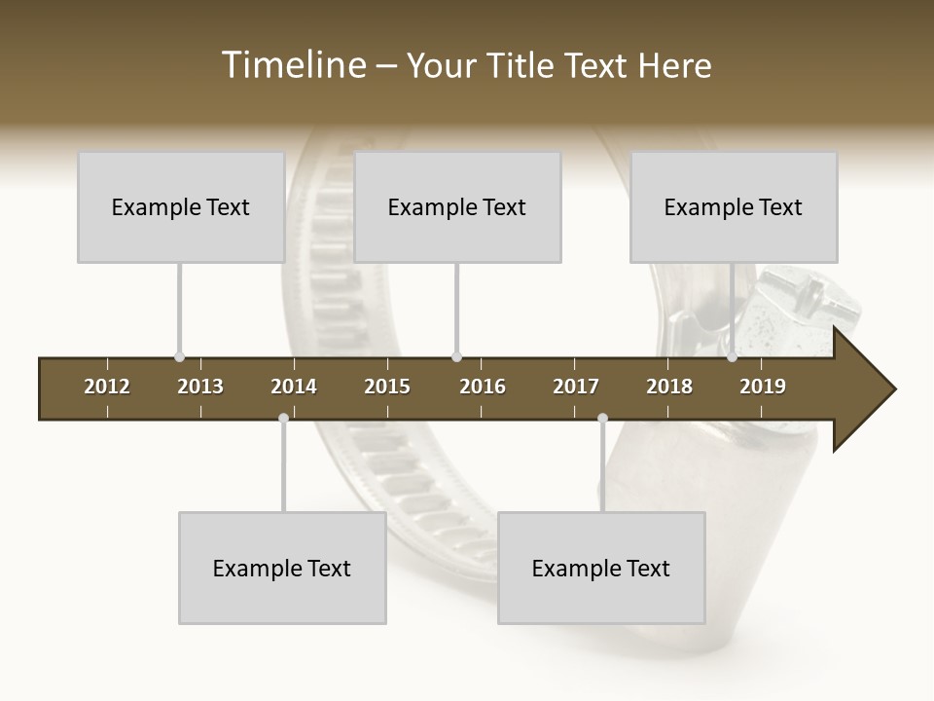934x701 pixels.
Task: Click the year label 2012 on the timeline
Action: click(x=107, y=387)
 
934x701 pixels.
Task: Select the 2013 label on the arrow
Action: click(x=200, y=387)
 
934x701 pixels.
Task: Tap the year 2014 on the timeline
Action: click(x=294, y=387)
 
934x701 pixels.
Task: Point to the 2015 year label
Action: click(x=387, y=387)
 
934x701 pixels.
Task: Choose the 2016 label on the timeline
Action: click(x=483, y=387)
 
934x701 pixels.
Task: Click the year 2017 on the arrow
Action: click(x=576, y=387)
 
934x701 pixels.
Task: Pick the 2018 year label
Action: click(x=669, y=387)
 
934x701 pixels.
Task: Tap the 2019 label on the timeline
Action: click(x=763, y=387)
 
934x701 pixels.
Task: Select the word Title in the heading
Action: click(x=521, y=65)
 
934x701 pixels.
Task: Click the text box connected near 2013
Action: click(x=181, y=206)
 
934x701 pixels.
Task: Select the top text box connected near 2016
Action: click(x=457, y=206)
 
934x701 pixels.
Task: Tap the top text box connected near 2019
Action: click(x=734, y=206)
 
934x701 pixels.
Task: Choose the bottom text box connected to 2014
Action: click(x=282, y=568)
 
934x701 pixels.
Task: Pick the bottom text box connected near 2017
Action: click(x=601, y=568)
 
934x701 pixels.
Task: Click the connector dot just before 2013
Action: click(x=179, y=356)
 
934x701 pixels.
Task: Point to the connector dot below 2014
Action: click(x=283, y=418)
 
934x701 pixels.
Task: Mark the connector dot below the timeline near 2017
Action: click(x=602, y=418)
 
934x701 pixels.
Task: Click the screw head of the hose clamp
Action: click(x=812, y=297)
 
